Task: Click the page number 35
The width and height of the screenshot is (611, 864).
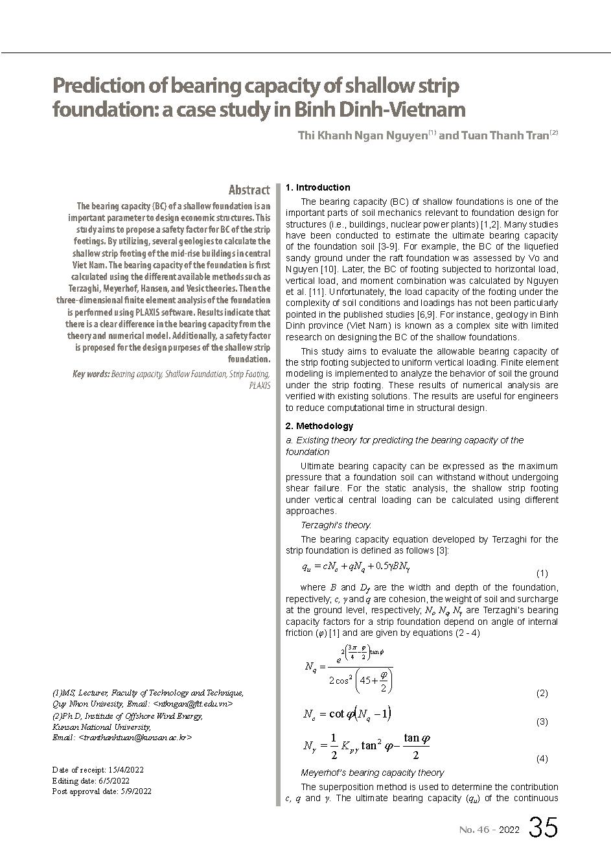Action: coord(543,828)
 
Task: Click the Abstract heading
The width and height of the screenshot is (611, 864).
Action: coord(249,190)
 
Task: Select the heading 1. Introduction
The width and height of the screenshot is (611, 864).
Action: coord(317,187)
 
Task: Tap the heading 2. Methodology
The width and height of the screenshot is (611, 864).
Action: coord(319,426)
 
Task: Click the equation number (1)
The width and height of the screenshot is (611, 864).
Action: coord(542,573)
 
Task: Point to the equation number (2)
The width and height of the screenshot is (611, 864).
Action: coord(542,693)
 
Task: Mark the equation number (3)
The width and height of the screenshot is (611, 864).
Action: coord(542,721)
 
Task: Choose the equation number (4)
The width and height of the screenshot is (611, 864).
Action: coord(542,758)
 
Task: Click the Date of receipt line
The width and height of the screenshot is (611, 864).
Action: coord(98,770)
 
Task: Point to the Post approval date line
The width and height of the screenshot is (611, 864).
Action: coord(102,791)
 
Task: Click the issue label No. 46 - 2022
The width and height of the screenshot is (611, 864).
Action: coord(489,830)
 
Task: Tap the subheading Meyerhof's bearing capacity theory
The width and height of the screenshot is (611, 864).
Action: coord(372,773)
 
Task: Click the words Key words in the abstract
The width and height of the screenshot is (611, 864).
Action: coord(91,374)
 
